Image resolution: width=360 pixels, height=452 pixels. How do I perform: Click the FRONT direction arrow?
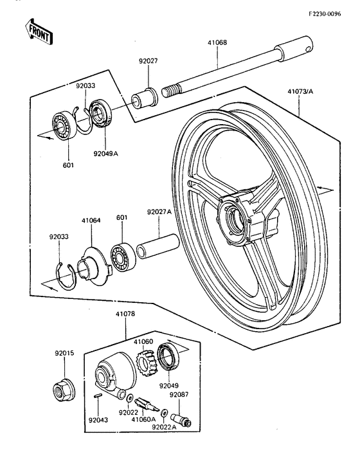(x=38, y=32)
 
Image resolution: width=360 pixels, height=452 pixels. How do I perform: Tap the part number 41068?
(x=217, y=44)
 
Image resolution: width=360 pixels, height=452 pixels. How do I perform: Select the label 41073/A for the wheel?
(x=299, y=92)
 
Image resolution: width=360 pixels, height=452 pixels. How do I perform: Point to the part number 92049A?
(x=105, y=154)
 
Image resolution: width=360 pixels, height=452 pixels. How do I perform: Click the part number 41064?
(x=91, y=220)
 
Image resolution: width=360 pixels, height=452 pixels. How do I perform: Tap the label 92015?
(x=64, y=353)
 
